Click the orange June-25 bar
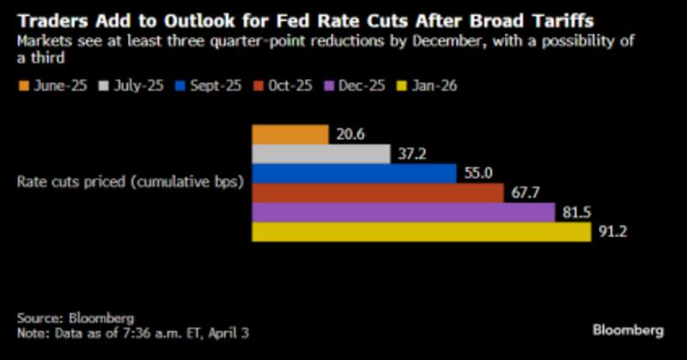coord(289,134)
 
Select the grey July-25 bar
coord(320,154)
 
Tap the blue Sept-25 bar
coord(353,174)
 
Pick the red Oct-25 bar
coord(377,192)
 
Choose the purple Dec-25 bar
coord(403,212)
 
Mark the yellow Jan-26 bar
coord(421,232)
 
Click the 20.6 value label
coord(352,135)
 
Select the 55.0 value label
coord(479,174)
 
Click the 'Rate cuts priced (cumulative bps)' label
coord(129,183)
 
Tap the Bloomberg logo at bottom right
coord(628,330)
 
